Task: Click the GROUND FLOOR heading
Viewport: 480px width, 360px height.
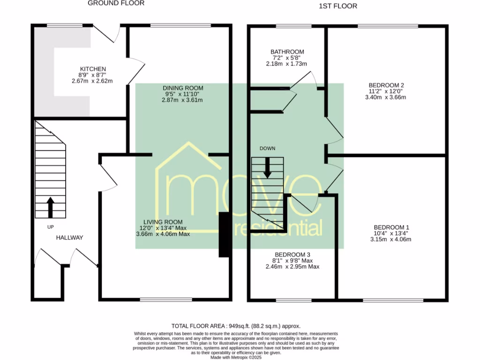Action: click(x=116, y=3)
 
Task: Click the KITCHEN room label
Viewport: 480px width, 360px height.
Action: click(x=92, y=69)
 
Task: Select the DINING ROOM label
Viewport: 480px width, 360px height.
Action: click(x=183, y=88)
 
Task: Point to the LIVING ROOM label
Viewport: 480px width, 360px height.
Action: click(x=163, y=222)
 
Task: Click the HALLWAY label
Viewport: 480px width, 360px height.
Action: click(x=69, y=238)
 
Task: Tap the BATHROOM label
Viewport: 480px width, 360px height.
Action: click(x=287, y=52)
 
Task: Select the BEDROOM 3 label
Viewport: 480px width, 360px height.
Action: click(x=292, y=255)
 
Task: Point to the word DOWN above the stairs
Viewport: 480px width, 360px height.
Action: click(x=267, y=148)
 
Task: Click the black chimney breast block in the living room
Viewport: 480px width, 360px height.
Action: click(x=225, y=235)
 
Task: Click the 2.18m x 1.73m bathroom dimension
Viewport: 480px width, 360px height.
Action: click(x=287, y=63)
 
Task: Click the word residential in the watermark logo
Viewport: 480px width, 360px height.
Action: click(x=277, y=228)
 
